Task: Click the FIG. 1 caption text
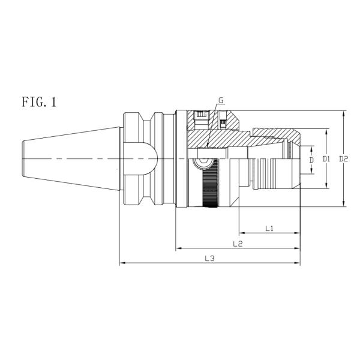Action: [38, 102]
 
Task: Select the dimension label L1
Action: [269, 229]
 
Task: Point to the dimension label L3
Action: [209, 259]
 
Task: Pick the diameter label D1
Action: [326, 159]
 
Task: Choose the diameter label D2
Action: [344, 159]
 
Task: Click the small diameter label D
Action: [311, 160]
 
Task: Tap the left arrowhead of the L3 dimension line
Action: [122, 263]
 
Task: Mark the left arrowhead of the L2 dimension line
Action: [178, 248]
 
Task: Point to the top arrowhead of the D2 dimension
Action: [343, 113]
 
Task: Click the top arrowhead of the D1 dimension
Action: [326, 130]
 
